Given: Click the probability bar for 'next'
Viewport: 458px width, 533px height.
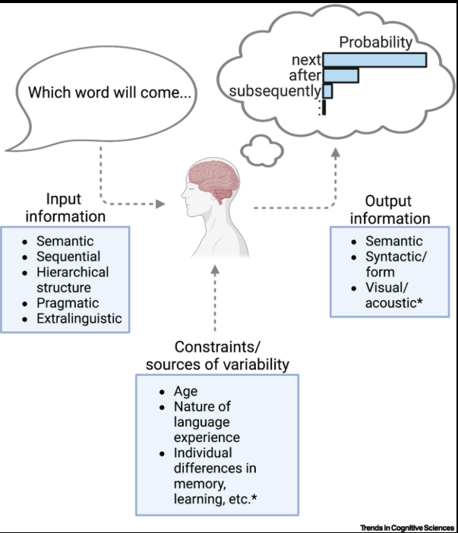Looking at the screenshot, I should (374, 59).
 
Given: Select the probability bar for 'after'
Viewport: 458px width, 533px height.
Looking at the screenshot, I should (340, 75).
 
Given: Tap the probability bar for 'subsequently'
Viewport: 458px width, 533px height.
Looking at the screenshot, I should (327, 91).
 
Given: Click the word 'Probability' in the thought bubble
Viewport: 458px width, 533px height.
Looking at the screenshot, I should (375, 43).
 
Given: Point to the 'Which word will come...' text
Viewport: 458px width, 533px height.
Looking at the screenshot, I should (109, 93).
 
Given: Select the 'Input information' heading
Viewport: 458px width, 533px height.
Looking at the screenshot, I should (65, 207).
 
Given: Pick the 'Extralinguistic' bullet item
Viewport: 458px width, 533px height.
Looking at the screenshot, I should (78, 318).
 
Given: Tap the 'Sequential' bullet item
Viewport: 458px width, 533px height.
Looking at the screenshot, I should (68, 257).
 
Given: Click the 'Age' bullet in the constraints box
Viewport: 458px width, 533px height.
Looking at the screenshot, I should (187, 391).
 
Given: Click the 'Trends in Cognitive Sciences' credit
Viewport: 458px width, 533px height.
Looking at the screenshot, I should (408, 526).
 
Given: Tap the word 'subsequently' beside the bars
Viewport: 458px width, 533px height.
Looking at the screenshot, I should (275, 91).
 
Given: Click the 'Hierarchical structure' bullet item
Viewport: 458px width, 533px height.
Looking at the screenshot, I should (72, 279).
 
